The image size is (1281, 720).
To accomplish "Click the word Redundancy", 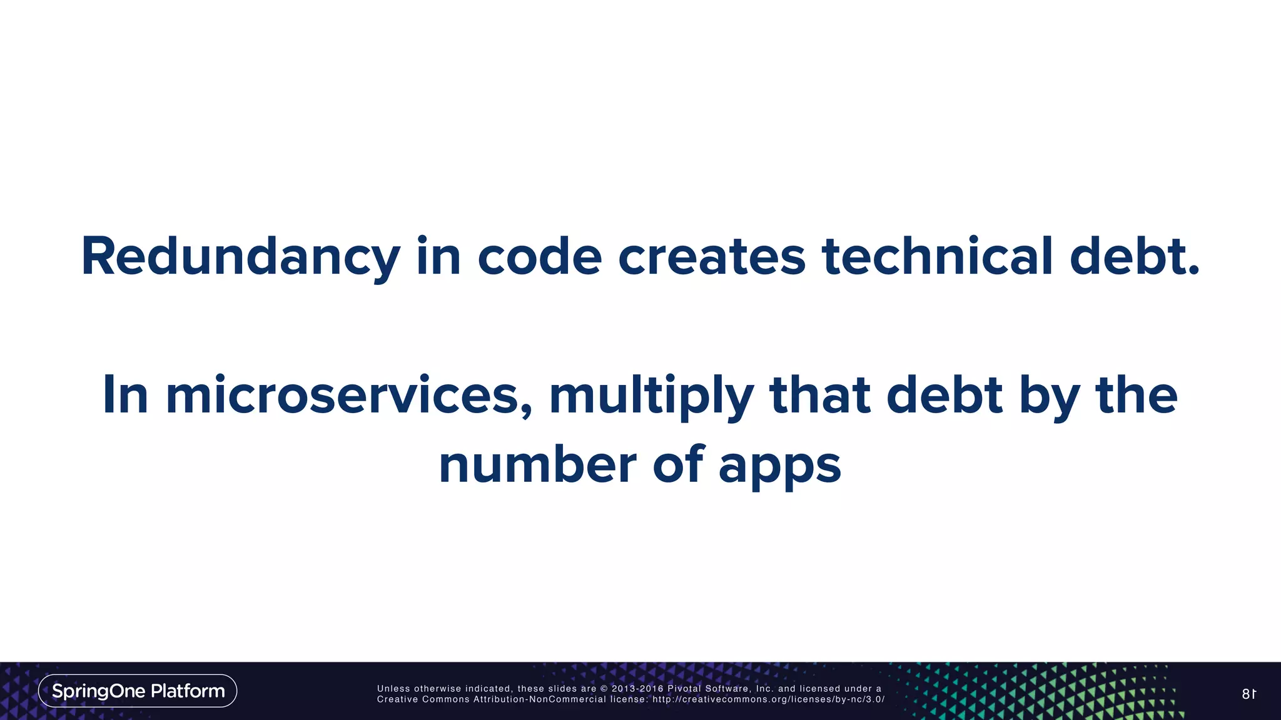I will (241, 257).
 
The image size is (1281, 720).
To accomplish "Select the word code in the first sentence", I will (540, 256).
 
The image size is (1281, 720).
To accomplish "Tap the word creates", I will (711, 256).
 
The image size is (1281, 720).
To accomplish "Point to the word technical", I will (937, 256).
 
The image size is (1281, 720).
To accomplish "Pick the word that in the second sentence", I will (820, 395).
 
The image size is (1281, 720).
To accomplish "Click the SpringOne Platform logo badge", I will (138, 691).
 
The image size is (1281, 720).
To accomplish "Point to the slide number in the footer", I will (1248, 694).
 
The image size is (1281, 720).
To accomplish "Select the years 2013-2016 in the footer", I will (637, 689).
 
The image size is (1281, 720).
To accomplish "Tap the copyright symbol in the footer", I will (604, 689).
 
